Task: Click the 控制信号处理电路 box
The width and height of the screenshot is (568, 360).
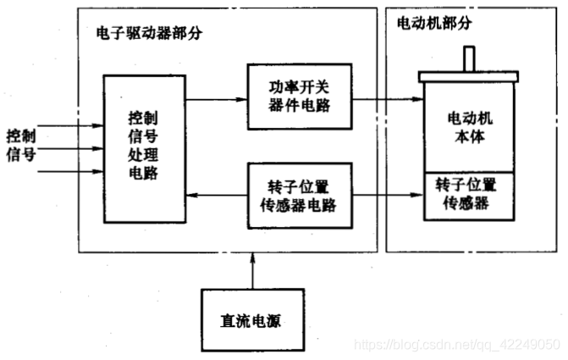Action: [x=143, y=148]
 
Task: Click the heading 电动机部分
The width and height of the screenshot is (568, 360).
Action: [x=434, y=24]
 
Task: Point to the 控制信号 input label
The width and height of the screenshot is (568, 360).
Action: [x=21, y=145]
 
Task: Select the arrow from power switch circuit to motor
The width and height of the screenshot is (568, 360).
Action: [x=385, y=98]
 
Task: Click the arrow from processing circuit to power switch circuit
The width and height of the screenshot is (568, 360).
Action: [x=215, y=98]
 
